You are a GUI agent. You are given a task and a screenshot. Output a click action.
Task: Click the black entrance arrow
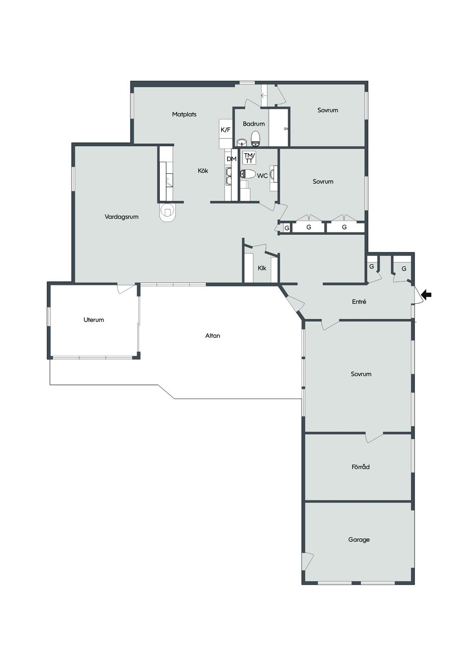tap(426, 295)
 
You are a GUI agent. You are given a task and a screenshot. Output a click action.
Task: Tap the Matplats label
tap(184, 114)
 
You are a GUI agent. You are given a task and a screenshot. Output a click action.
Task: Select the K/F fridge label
tap(225, 130)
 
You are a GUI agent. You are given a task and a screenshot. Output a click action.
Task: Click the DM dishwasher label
tap(232, 159)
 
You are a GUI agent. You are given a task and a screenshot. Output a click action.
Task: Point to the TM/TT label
tap(249, 158)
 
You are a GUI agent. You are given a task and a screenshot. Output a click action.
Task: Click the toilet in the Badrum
tap(256, 138)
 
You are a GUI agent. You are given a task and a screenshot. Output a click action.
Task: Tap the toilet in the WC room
tap(248, 174)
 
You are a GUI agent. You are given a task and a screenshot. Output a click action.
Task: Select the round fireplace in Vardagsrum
tap(168, 212)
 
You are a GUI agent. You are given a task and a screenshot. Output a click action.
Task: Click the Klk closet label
tap(262, 268)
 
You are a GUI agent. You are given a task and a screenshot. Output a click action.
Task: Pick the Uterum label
tap(94, 320)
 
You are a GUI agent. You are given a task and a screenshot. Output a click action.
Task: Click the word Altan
tap(213, 335)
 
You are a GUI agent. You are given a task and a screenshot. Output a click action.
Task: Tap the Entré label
tap(359, 302)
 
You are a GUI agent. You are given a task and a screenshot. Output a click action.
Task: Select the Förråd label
tap(360, 467)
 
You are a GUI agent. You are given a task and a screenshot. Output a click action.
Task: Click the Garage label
tap(359, 540)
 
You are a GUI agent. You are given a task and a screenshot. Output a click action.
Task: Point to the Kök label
tap(203, 170)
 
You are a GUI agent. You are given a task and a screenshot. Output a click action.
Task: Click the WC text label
tap(262, 176)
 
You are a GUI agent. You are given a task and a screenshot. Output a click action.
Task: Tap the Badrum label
tap(254, 124)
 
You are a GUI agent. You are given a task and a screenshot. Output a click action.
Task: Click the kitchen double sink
tap(229, 176)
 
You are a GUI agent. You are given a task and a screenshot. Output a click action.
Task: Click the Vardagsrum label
tap(121, 217)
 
